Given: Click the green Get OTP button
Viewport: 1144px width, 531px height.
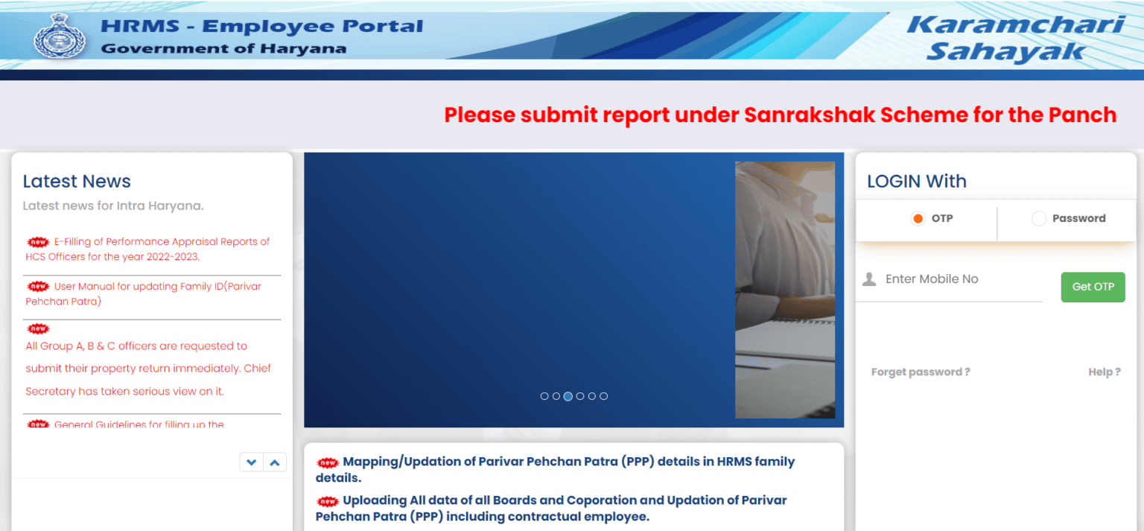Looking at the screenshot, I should click(x=1093, y=287).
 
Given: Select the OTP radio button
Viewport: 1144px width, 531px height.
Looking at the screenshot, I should click(x=918, y=219).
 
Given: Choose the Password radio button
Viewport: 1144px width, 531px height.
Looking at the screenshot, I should click(x=1039, y=219).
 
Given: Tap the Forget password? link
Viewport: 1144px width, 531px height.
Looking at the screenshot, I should click(x=921, y=372).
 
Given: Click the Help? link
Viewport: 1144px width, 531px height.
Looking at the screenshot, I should click(x=1104, y=372).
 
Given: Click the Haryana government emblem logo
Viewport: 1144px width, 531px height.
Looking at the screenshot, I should click(x=60, y=35).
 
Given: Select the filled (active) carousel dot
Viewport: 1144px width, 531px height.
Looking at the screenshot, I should click(x=568, y=396).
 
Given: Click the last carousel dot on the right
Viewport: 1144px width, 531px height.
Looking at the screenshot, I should click(x=603, y=396).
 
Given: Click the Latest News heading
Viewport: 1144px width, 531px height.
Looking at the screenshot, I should click(x=77, y=182).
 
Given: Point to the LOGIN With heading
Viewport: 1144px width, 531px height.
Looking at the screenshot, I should click(x=916, y=182).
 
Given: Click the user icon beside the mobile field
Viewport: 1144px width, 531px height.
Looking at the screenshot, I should click(x=868, y=279).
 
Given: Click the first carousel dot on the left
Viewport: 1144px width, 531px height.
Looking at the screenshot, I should click(x=544, y=396).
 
